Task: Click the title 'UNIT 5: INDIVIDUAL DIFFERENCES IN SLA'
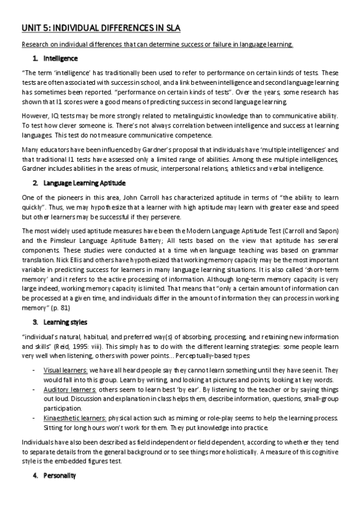100,28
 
